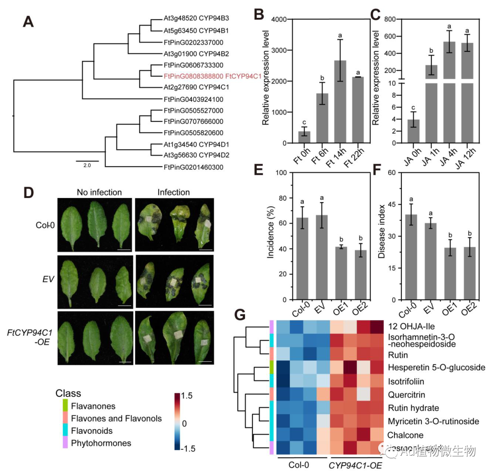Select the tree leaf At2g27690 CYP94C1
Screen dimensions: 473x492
pos(196,88)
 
